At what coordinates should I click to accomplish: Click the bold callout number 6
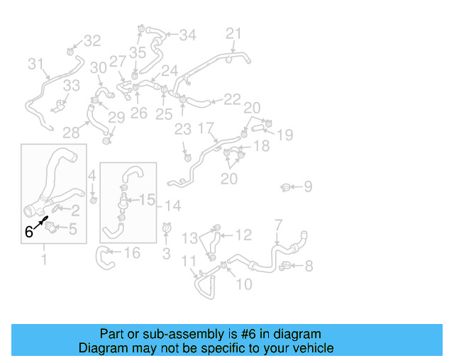pos(29,231)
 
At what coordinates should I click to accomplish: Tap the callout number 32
pos(93,41)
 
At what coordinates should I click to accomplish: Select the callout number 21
pos(234,33)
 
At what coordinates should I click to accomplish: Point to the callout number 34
pos(187,35)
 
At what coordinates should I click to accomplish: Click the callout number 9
pos(308,187)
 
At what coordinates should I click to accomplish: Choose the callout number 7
pos(278,225)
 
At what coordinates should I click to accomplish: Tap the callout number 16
pos(132,253)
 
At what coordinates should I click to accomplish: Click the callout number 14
pos(173,206)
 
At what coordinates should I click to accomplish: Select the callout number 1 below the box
pos(44,259)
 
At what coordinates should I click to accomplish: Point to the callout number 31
pos(36,65)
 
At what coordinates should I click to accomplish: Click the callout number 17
pos(206,128)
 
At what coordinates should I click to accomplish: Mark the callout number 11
pos(189,262)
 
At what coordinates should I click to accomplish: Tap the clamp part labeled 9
pos(285,187)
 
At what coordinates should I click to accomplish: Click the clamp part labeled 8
pos(286,267)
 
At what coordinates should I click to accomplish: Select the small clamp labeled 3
pos(167,228)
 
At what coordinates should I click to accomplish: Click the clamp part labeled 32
pos(72,51)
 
